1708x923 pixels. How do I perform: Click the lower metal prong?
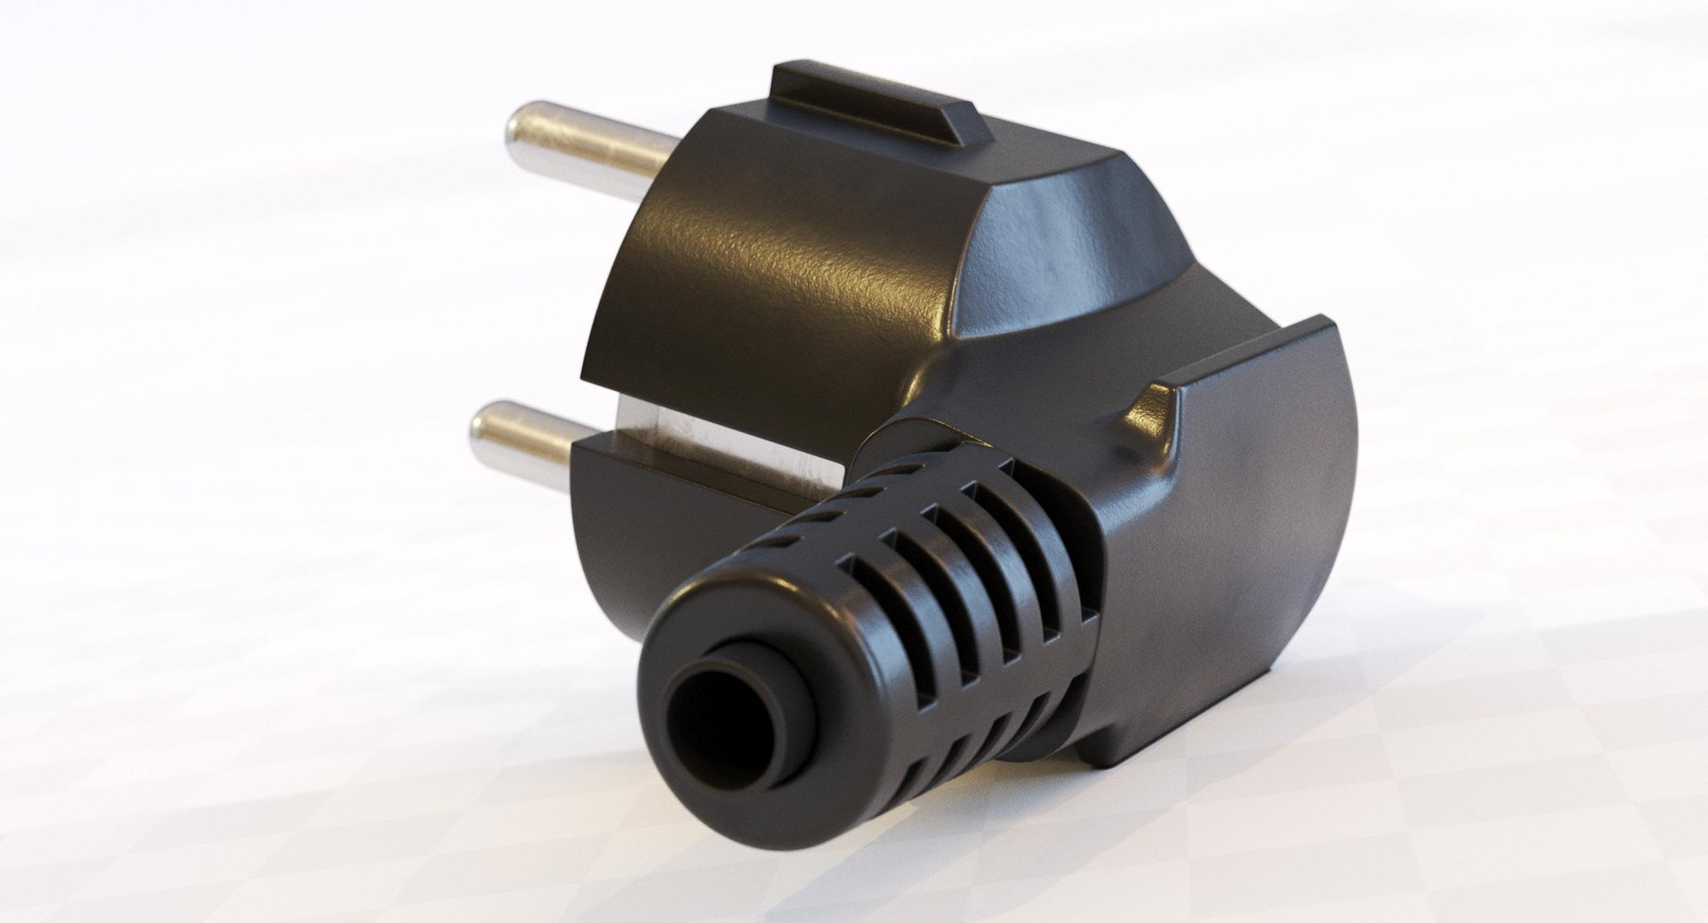pyautogui.click(x=534, y=432)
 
